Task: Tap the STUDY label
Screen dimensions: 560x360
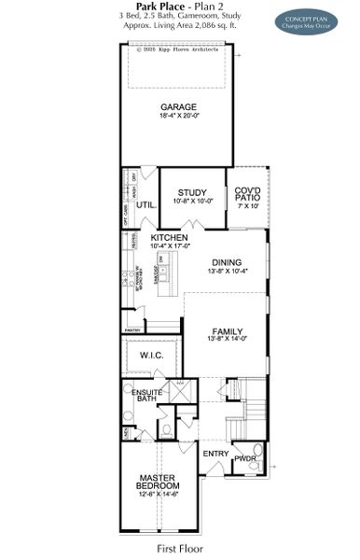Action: [194, 191]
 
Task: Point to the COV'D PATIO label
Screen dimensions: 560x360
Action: [247, 193]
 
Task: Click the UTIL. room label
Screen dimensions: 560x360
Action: [145, 203]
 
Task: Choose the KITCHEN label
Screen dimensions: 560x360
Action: [170, 239]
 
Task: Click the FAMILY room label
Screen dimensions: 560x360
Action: [227, 331]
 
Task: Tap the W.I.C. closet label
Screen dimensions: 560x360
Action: [151, 356]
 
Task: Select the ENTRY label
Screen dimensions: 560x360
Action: [215, 455]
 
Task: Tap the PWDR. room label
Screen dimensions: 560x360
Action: [245, 458]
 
